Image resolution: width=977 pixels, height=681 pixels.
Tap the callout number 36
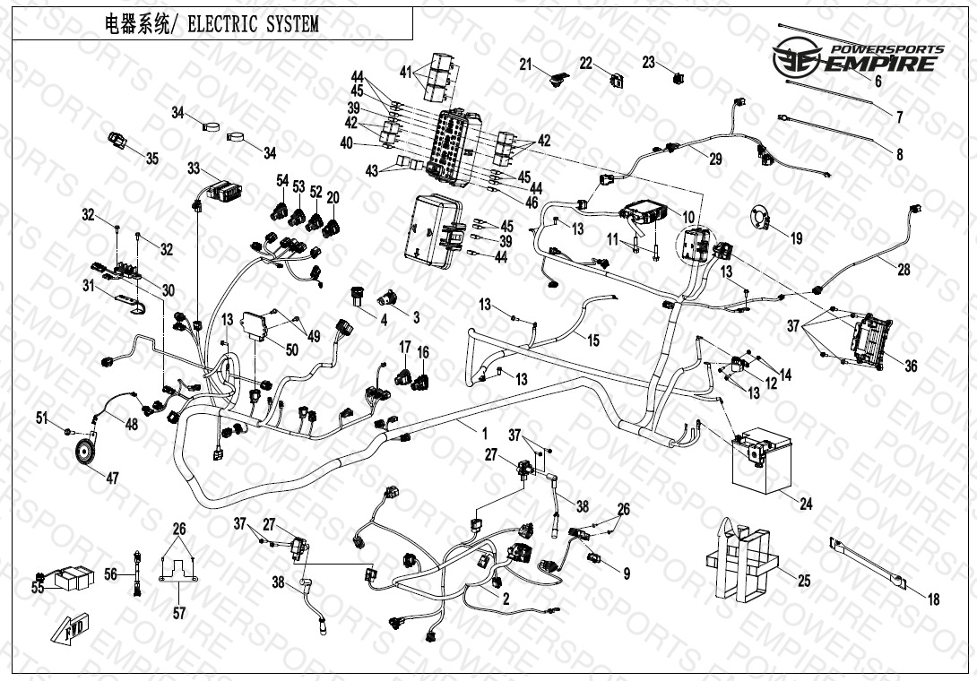click(911, 366)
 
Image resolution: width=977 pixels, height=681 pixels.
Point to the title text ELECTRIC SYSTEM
click(252, 24)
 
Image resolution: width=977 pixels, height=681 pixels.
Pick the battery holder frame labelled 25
click(741, 562)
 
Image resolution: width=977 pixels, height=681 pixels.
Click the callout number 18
click(933, 600)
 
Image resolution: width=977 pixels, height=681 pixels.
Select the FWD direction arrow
click(68, 633)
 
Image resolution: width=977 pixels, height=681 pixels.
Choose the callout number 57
click(179, 613)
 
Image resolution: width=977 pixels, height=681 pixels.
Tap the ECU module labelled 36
click(869, 338)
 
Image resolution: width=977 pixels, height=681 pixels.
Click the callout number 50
click(291, 349)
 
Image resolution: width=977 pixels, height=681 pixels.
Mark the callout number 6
click(878, 82)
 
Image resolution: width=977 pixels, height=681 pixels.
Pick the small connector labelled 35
click(119, 141)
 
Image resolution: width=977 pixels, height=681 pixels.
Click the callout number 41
click(405, 71)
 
